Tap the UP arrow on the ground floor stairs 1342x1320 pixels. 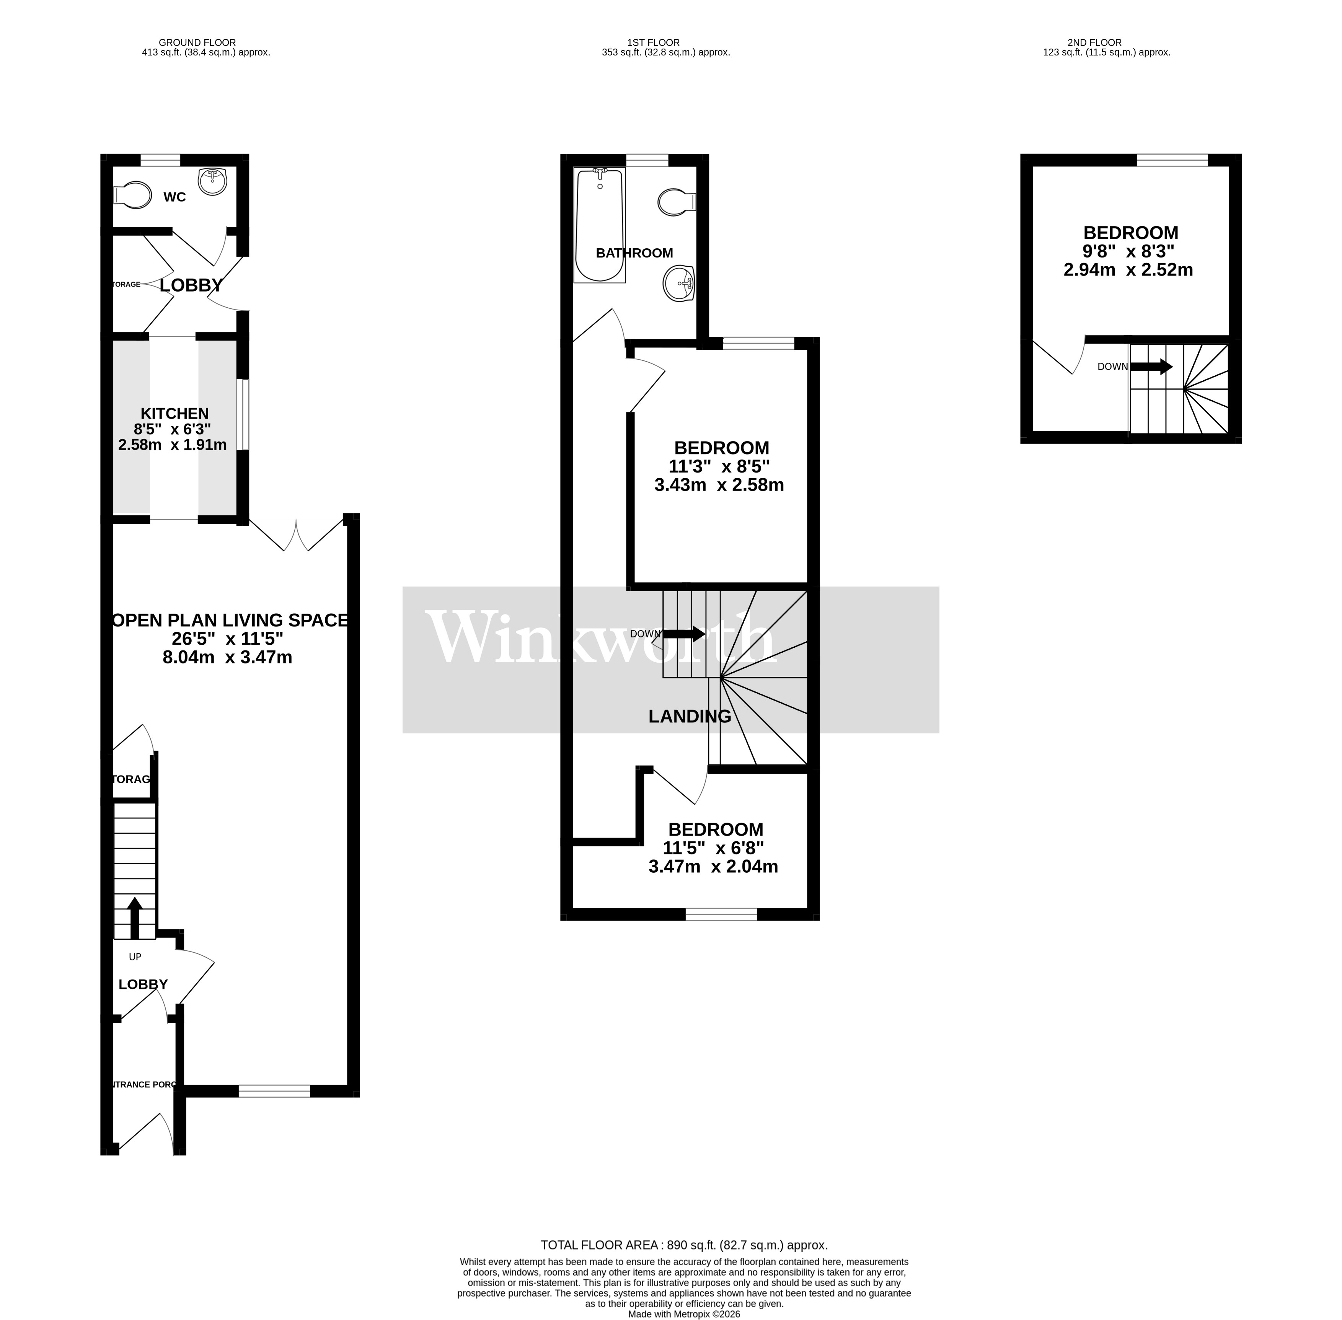(x=135, y=917)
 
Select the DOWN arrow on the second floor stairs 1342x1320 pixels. (x=1151, y=367)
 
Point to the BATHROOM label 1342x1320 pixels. (x=634, y=253)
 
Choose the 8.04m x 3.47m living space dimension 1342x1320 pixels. (x=227, y=657)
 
